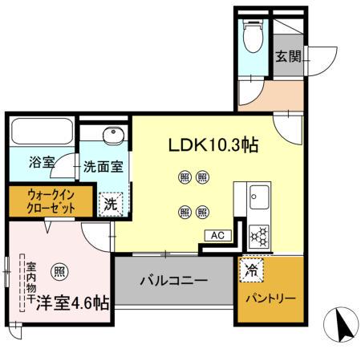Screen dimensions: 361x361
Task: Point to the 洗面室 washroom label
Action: pos(103,167)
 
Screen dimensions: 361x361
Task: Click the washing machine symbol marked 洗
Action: pos(110,204)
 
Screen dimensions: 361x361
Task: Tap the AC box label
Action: pos(217,236)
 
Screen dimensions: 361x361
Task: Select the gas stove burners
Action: pos(260,234)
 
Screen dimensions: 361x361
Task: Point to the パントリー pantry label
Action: pos(270,298)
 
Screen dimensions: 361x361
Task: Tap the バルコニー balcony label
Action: pos(174,282)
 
